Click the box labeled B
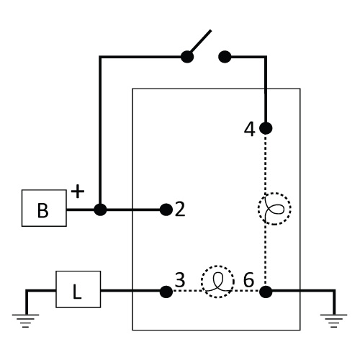pos(44,208)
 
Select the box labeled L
pos(78,289)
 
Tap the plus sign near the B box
pos(78,192)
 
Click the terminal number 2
pos(180,210)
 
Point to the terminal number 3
pos(180,279)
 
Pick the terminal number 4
pos(250,130)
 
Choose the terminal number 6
pos(248,280)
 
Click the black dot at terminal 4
pos(266,128)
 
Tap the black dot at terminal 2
pos(166,210)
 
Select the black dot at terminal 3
pos(166,292)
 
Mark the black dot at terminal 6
pos(266,292)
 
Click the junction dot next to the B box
pos(100,210)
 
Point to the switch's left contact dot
pos(187,57)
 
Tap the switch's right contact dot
pos(225,57)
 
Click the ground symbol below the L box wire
pos(26,321)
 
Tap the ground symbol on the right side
pos(334,321)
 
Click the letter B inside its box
pos(43,210)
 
